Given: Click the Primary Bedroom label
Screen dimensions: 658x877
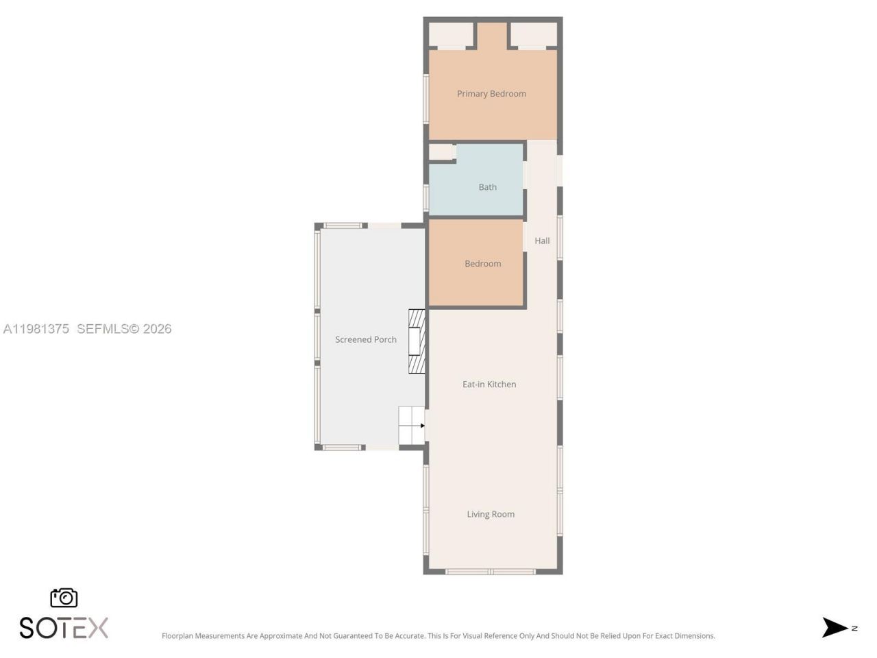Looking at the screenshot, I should (491, 94).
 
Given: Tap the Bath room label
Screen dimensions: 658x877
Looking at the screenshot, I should (487, 187).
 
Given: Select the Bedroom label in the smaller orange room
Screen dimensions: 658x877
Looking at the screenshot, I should (482, 264).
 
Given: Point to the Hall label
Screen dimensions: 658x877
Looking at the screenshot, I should (542, 241).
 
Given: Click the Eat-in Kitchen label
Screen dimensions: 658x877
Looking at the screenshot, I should (489, 385).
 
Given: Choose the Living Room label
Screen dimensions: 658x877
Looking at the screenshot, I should (491, 514).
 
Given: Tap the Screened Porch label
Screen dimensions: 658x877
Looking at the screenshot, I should (366, 339).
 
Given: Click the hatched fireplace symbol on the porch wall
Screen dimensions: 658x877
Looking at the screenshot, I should (417, 341).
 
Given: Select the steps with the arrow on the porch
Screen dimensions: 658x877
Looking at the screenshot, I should (412, 426).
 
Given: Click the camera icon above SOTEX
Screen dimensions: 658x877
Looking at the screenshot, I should (64, 598).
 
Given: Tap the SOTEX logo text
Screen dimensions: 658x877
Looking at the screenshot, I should (64, 628).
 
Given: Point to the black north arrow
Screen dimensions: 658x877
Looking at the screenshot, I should (835, 627).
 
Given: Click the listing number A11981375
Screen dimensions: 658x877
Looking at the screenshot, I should (36, 329).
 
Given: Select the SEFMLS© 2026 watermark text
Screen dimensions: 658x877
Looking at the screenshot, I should (124, 329).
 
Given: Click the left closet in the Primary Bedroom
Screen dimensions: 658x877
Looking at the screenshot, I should (451, 35).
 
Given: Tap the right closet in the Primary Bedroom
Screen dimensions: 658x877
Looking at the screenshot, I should (534, 35).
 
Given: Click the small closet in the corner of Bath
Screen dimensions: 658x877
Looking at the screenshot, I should (441, 152).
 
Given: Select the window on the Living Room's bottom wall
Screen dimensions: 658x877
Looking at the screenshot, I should (491, 571).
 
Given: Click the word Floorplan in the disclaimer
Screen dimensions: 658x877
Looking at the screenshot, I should (182, 636).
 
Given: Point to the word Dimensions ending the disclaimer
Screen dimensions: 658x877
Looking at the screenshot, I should (693, 636).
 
